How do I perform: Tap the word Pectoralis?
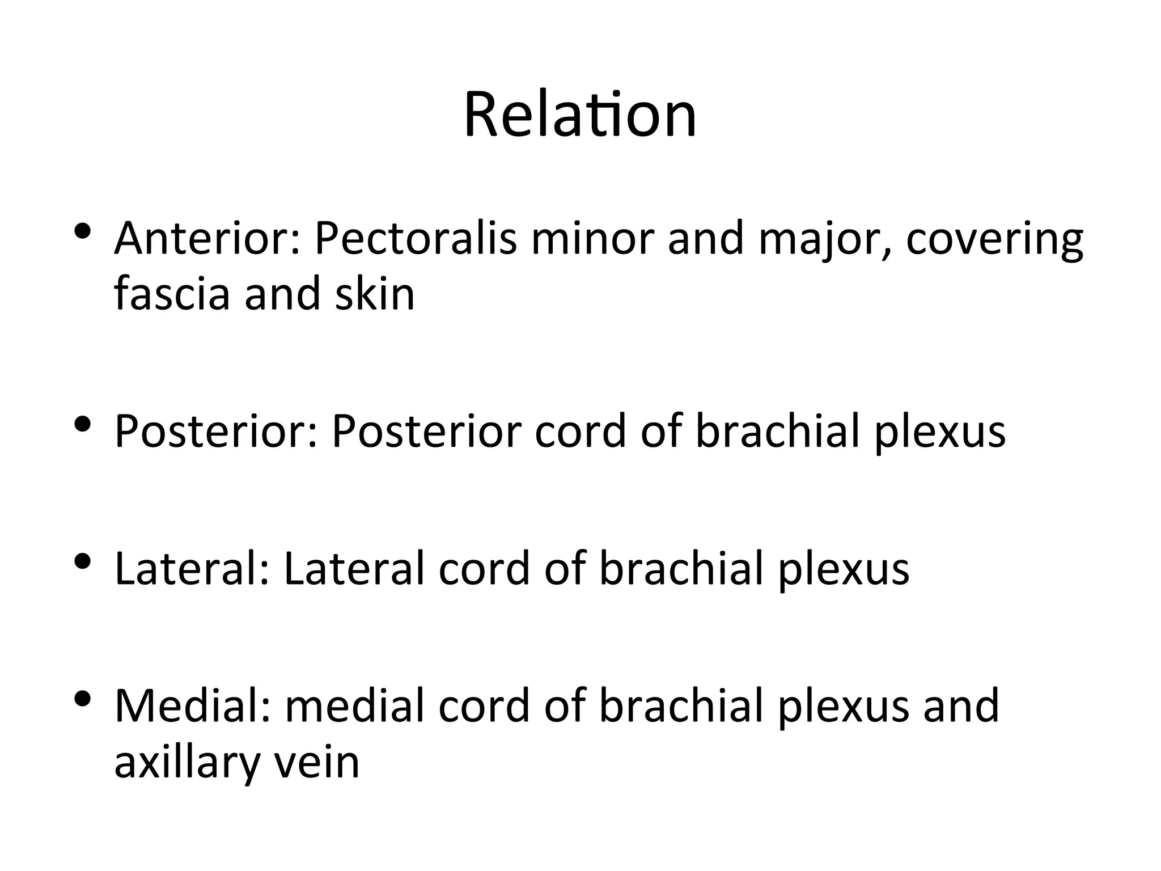[x=416, y=239]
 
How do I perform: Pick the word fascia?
[x=172, y=294]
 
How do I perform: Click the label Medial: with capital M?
[x=192, y=706]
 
